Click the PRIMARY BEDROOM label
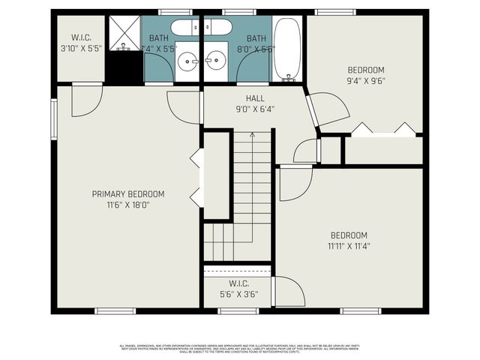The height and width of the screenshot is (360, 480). tap(128, 193)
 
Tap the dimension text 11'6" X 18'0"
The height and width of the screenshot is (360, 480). tap(128, 204)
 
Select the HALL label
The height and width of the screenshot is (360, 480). tap(255, 98)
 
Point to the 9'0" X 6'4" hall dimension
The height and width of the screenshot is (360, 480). tap(255, 109)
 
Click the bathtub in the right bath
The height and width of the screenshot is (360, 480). tap(286, 49)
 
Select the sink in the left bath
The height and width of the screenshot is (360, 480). tap(188, 58)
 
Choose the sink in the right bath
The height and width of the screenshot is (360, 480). tap(217, 58)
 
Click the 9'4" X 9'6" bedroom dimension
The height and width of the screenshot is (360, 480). tap(365, 80)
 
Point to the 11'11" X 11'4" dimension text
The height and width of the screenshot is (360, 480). tap(349, 245)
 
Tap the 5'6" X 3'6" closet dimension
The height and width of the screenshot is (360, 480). tap(238, 294)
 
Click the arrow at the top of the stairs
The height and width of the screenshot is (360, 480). tap(253, 135)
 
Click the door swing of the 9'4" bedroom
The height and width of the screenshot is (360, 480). tap(330, 109)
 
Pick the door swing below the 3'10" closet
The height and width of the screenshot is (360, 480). tap(85, 102)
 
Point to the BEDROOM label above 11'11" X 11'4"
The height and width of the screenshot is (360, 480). tap(349, 235)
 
